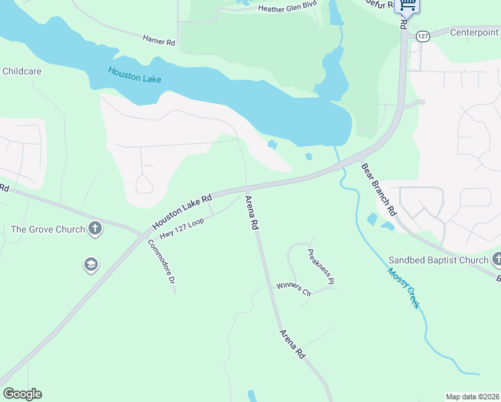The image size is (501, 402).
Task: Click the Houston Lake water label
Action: tap(134, 74)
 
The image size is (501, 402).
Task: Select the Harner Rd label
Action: tap(159, 41)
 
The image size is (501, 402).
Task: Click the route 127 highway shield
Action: tap(421, 36)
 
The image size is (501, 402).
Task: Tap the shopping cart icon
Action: tap(408, 5)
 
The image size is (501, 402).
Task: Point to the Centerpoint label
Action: tap(474, 32)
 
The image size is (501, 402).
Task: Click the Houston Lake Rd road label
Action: tap(182, 210)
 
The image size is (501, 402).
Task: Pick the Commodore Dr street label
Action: tap(161, 262)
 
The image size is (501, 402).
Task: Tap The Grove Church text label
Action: tap(48, 229)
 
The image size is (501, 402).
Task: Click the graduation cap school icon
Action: tap(90, 265)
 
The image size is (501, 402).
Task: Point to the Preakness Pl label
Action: tap(320, 267)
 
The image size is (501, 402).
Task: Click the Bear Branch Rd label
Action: tap(378, 189)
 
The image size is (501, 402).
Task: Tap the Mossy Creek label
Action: tap(404, 288)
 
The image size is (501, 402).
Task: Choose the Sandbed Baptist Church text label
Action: tap(439, 260)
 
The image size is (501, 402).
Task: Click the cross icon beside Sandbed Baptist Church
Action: tap(496, 259)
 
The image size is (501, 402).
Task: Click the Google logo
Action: tap(22, 394)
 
